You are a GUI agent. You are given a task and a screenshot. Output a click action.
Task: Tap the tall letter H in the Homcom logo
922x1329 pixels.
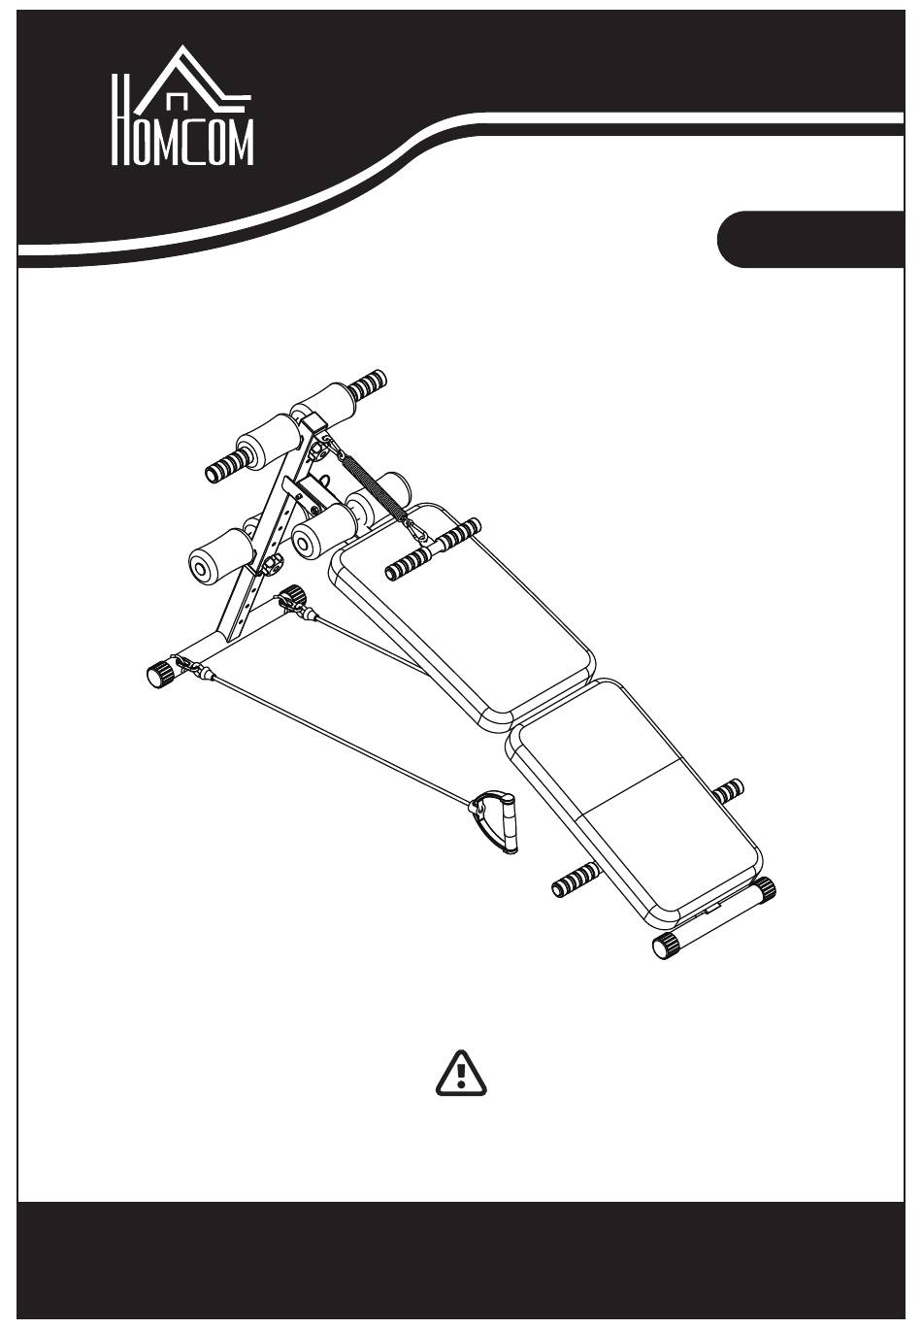119,119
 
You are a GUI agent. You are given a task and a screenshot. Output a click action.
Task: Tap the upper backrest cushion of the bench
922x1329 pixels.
462,615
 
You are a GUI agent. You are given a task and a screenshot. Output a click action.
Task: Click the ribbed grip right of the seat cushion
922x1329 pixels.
727,791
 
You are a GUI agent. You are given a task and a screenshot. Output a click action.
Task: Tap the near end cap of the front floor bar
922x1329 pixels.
665,945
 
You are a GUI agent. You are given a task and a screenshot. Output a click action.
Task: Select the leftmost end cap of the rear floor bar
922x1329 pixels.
161,675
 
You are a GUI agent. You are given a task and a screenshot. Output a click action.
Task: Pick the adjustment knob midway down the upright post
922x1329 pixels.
271,565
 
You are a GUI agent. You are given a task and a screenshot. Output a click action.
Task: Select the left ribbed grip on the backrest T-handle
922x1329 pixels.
410,561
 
